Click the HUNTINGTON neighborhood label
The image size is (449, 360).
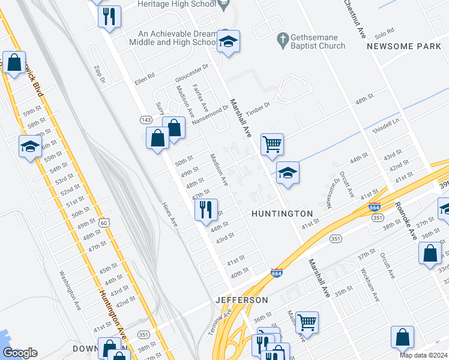282,214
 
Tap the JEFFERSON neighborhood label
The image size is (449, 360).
242,299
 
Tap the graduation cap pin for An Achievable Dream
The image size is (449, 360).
228,42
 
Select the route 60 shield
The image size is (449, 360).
104,223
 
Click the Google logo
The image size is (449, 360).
20,352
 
